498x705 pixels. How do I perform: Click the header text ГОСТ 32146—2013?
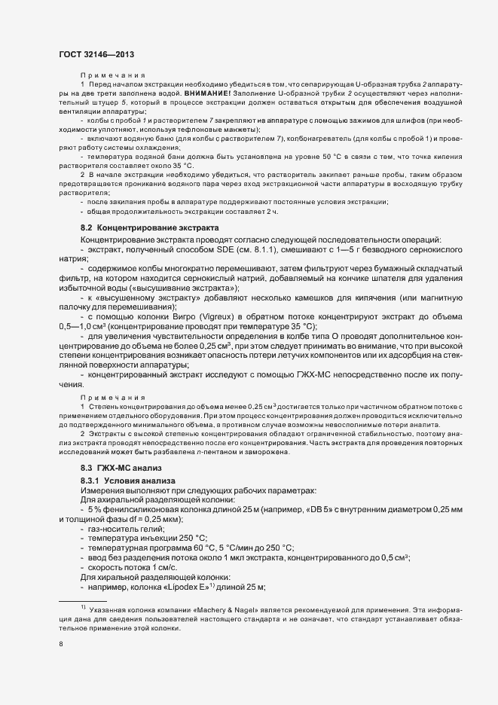point(96,55)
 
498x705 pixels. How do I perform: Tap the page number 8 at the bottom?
point(61,644)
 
